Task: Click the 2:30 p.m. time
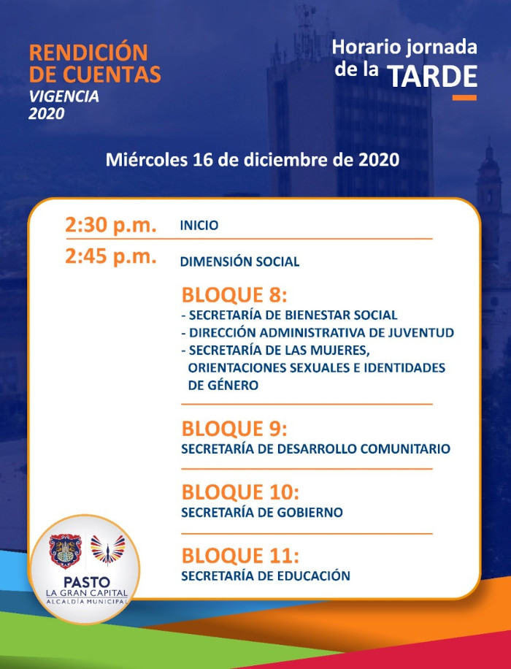click(110, 225)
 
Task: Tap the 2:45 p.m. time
click(110, 257)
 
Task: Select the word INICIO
click(199, 225)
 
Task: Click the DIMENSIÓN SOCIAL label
click(239, 261)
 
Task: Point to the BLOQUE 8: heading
click(234, 295)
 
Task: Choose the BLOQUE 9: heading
click(234, 429)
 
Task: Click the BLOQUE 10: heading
click(240, 492)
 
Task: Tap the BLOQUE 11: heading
click(240, 556)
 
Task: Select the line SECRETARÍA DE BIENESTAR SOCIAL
click(289, 316)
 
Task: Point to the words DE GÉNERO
click(223, 386)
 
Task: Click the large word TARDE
click(432, 77)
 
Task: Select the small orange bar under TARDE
click(464, 98)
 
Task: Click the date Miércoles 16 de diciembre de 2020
click(253, 160)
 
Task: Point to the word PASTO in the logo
click(87, 582)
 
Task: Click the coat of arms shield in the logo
click(65, 551)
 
